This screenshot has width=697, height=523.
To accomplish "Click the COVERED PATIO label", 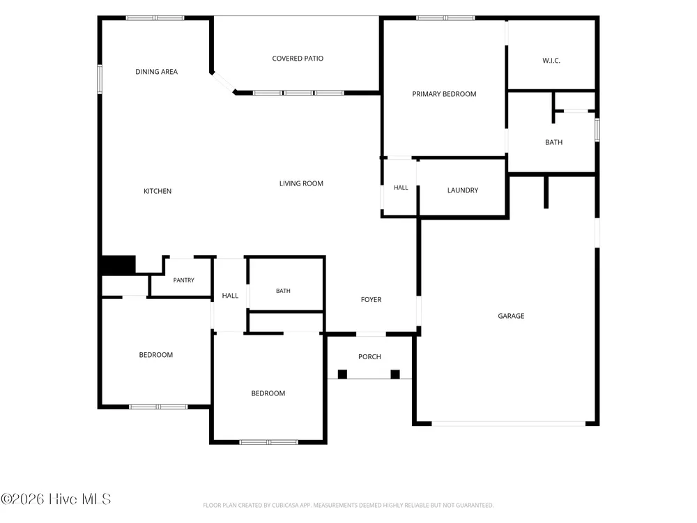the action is (x=298, y=59).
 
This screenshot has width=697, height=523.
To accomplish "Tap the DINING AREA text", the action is (x=156, y=72).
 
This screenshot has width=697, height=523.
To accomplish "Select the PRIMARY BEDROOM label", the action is (x=444, y=94).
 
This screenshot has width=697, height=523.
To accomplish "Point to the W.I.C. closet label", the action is (x=551, y=61).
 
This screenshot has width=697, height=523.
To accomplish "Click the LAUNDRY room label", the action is (x=463, y=190).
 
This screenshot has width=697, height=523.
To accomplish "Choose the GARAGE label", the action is (x=511, y=316).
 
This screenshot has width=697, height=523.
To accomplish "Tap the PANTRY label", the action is (x=183, y=280).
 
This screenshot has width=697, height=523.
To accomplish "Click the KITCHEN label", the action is (x=158, y=191).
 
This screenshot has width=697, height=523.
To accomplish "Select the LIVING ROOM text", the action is (x=301, y=183).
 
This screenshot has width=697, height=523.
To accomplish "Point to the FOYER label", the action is (x=372, y=300).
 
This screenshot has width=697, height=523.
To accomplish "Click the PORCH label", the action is (x=369, y=356).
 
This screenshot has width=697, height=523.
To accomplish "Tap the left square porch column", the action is (x=342, y=374).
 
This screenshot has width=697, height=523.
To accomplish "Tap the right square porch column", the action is (x=395, y=374).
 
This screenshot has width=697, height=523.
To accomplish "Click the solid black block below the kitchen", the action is (x=118, y=265).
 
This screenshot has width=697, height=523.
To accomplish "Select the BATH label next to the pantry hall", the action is (x=283, y=291).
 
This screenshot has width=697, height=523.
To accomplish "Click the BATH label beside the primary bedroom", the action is (x=554, y=142).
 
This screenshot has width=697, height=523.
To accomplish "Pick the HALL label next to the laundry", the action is (x=401, y=188).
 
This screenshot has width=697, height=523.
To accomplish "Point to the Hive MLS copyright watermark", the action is (x=56, y=499).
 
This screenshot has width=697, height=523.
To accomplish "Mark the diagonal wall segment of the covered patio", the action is (x=223, y=82).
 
